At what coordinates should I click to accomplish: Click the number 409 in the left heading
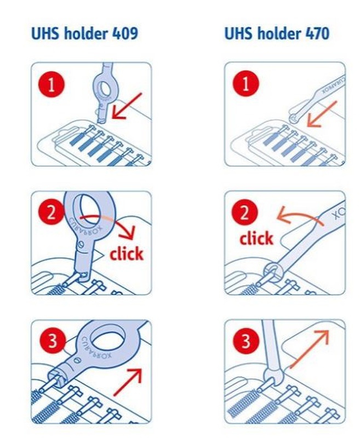125,33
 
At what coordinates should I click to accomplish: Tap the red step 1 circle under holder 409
52,85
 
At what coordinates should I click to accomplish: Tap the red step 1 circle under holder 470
245,84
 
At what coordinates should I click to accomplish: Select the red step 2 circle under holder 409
52,213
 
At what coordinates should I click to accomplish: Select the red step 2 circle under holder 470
244,212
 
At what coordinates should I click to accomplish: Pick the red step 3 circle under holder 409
53,341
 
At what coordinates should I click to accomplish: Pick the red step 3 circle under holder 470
245,341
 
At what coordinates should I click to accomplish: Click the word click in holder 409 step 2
127,253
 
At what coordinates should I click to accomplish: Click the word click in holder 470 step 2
256,238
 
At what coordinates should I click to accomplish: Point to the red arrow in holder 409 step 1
127,106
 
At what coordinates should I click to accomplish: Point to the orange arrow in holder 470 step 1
322,114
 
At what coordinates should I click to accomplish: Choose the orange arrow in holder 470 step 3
309,349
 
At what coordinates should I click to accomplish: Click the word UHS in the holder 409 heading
45,33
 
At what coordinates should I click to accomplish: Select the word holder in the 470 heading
279,33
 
